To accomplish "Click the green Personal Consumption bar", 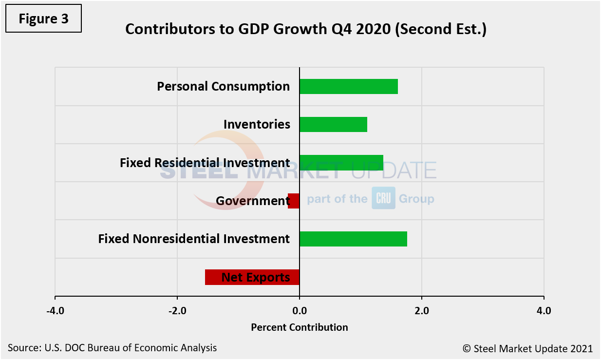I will [x=348, y=86].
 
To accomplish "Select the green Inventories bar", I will [x=333, y=124].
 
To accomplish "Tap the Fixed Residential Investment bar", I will [x=341, y=162].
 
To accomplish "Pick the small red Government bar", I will [x=294, y=201].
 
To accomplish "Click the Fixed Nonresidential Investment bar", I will [x=353, y=239].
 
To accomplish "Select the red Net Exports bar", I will [x=252, y=277].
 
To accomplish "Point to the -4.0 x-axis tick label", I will [x=55, y=311].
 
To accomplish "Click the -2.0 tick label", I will [x=177, y=311].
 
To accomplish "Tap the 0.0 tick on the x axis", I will [x=300, y=311].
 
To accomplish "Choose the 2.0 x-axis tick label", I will [x=422, y=311].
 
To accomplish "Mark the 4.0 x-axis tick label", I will [x=544, y=311].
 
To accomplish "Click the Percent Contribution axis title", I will [x=300, y=327].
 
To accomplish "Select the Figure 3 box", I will [x=44, y=19].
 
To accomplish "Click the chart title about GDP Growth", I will [x=306, y=29].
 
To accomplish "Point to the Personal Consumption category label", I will [x=223, y=86].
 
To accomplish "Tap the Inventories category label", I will [x=257, y=124].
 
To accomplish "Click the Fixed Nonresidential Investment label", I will [x=194, y=239].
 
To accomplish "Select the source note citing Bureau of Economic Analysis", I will [x=112, y=348].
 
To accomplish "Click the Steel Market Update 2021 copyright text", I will [x=527, y=348].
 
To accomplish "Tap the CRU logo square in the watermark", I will [x=383, y=198].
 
